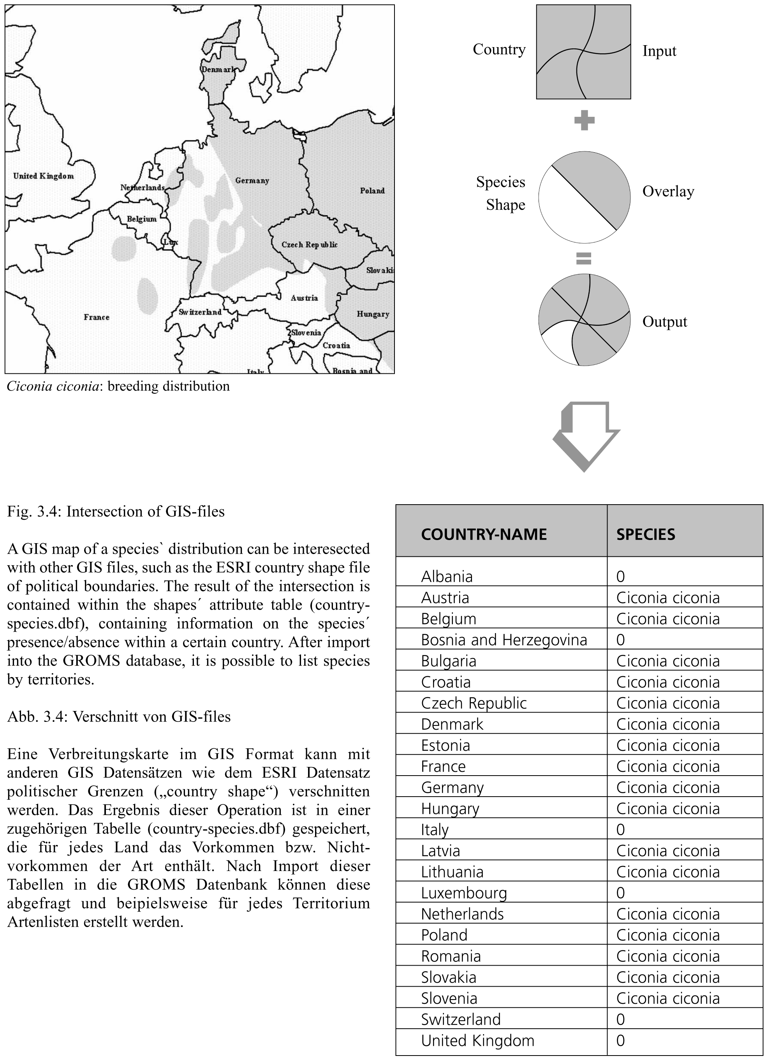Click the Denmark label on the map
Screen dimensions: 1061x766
(x=218, y=69)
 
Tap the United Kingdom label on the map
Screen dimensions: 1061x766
(x=44, y=176)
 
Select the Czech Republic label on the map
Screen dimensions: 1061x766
(x=309, y=244)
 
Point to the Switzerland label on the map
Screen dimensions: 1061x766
(x=200, y=312)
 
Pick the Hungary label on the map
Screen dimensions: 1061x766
(x=372, y=314)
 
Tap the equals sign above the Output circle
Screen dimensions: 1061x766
(x=583, y=258)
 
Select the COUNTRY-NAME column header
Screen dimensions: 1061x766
(x=483, y=534)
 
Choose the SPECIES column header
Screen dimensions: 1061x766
(x=645, y=534)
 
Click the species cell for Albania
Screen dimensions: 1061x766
(x=620, y=576)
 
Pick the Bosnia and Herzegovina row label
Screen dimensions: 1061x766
(x=504, y=639)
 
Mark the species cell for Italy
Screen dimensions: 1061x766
(x=620, y=829)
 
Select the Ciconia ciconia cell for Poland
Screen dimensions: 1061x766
(x=668, y=935)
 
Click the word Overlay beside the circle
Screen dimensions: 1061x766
(x=668, y=191)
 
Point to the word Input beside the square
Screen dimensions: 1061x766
(x=659, y=51)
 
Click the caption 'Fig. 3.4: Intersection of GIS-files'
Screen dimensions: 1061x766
(x=116, y=511)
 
